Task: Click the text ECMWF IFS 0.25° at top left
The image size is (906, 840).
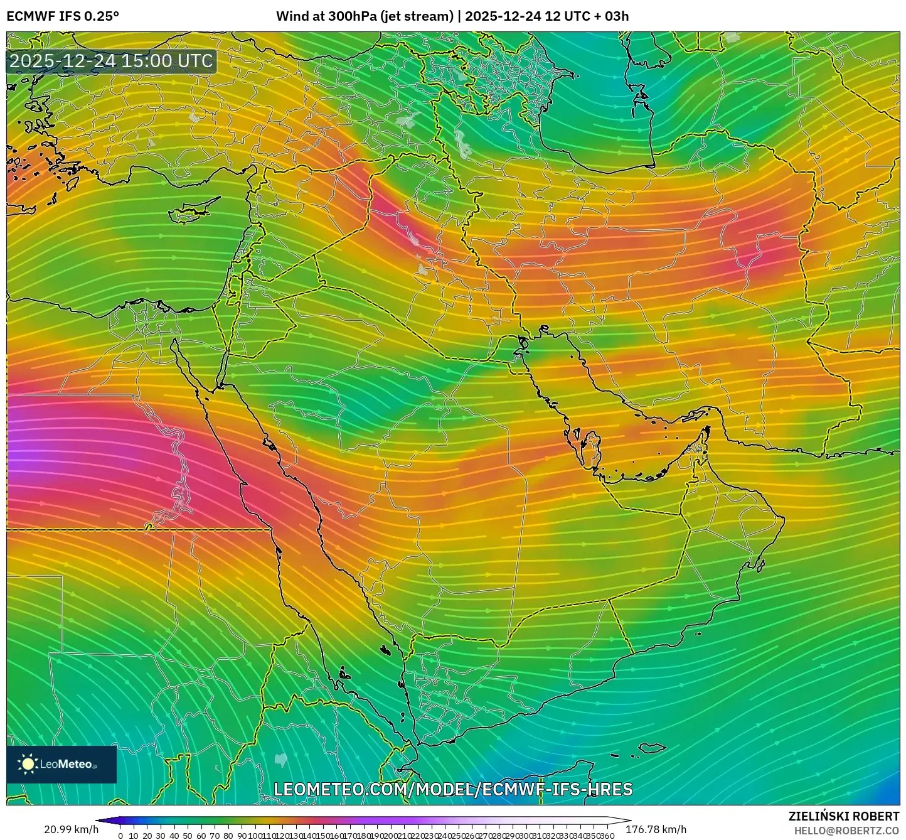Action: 63,16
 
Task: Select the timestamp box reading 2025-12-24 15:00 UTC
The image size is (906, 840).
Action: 111,62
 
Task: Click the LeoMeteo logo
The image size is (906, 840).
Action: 61,764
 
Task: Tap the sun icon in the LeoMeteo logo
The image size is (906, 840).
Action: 28,764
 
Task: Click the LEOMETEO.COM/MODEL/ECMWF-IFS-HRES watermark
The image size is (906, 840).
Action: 453,789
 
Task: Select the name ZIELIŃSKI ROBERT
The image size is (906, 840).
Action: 844,816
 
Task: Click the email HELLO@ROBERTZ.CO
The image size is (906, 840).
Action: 846,831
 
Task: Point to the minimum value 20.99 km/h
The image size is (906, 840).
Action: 71,829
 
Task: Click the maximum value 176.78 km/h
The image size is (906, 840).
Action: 656,829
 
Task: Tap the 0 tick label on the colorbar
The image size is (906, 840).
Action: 120,836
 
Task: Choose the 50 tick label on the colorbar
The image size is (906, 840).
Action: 188,836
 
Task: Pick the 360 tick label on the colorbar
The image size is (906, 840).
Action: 607,836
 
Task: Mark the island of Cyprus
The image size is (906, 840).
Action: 193,210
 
